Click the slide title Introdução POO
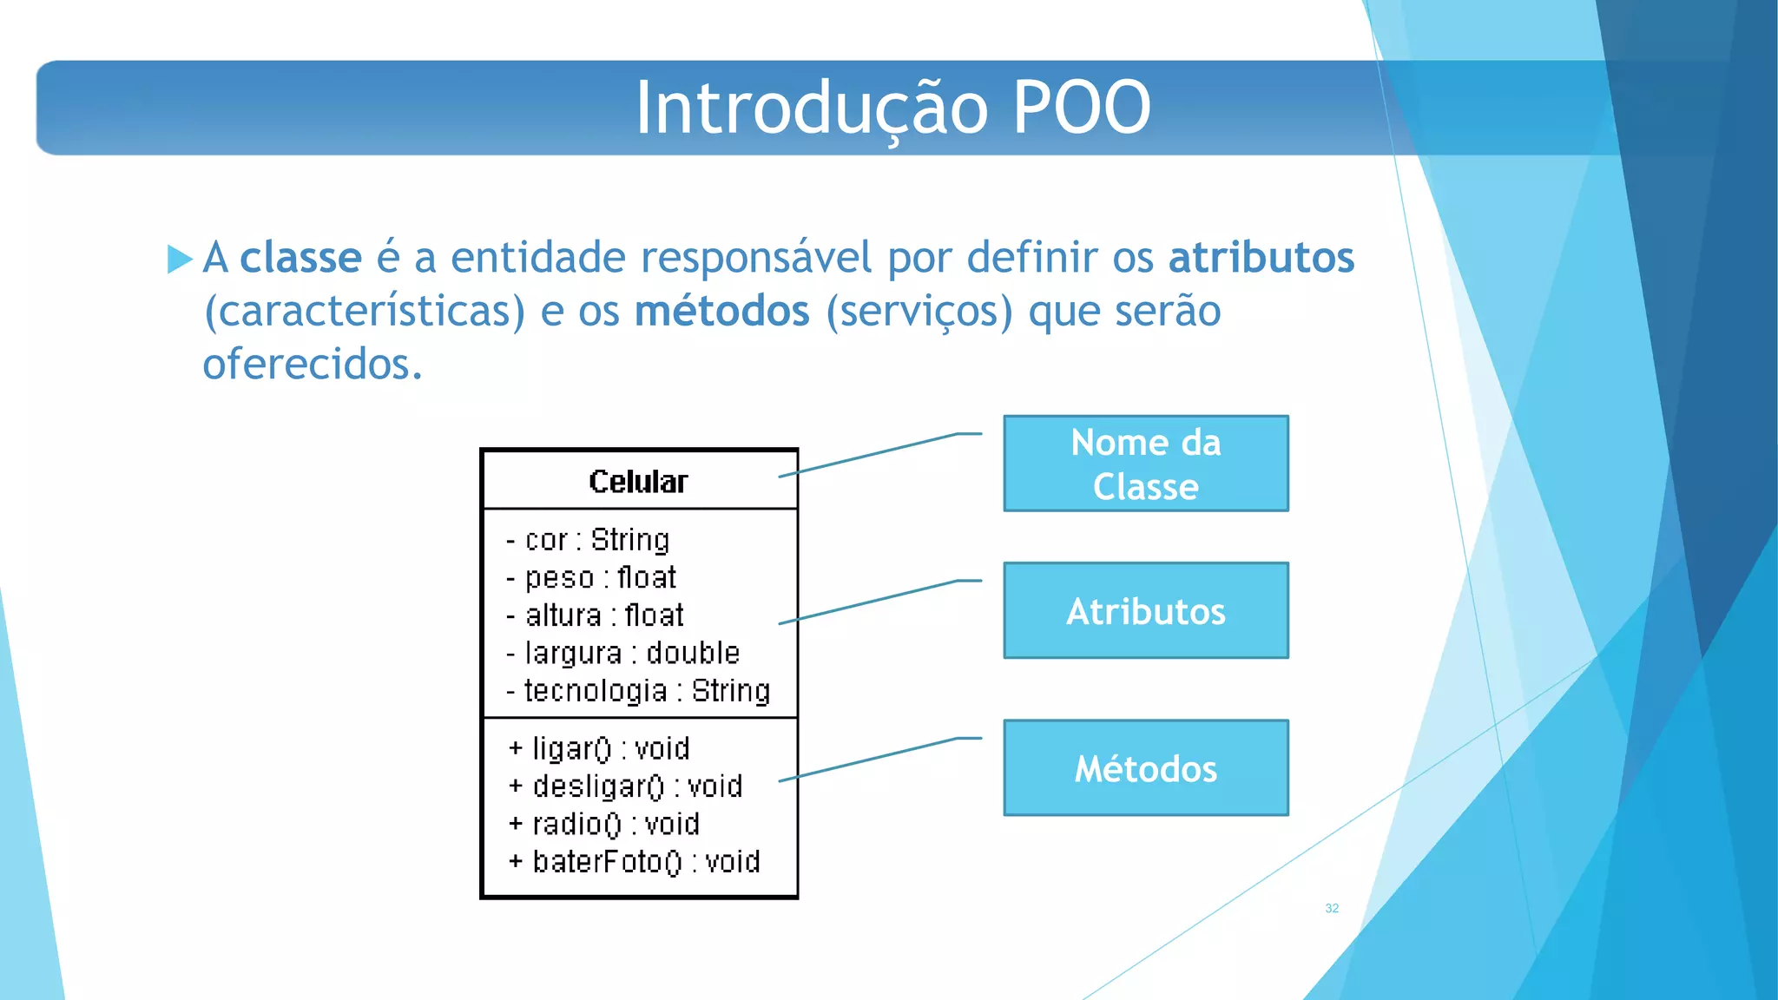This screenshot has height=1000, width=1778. tap(892, 108)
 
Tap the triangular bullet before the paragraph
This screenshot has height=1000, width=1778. tap(179, 259)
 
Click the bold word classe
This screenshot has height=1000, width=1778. tap(300, 258)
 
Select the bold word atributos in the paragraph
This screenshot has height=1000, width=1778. tap(1261, 258)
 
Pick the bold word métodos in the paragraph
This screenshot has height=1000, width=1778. tap(721, 311)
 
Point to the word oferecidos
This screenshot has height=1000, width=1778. tap(312, 364)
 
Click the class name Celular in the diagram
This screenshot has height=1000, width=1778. tap(638, 482)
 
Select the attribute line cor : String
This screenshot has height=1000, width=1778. tap(588, 540)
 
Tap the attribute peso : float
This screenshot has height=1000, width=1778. tap(591, 577)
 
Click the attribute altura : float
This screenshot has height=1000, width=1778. tap(596, 615)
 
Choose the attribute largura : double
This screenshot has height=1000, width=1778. tap(622, 653)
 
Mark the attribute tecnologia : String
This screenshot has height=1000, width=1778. tap(638, 691)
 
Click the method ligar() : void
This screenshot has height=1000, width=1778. tap(599, 748)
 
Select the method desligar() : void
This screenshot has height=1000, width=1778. tap(625, 786)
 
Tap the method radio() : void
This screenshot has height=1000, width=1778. tap(604, 824)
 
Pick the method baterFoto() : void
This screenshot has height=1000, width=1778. tap(634, 862)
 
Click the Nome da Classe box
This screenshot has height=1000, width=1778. tap(1145, 464)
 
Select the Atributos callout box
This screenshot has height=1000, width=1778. tap(1145, 611)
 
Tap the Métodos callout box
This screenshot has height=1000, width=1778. tap(1145, 768)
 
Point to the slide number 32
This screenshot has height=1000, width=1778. tap(1332, 908)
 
